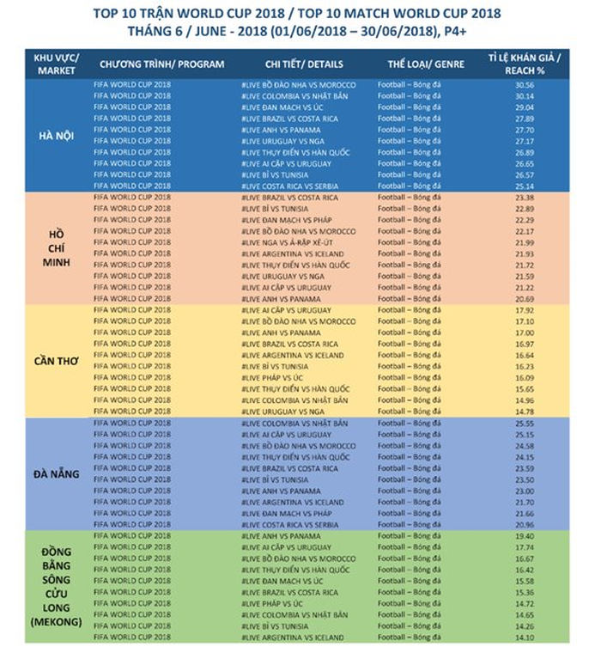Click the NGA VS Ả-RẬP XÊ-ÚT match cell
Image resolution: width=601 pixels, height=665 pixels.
(x=298, y=242)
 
